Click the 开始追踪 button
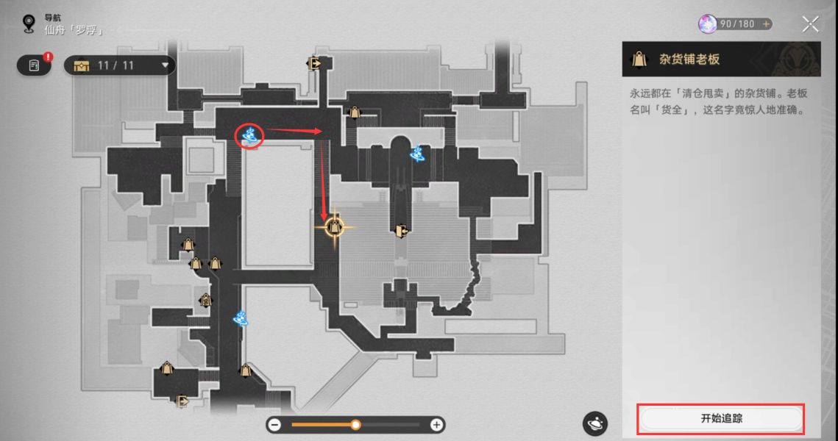(x=720, y=418)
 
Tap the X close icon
(x=810, y=24)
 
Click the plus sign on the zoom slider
(x=436, y=425)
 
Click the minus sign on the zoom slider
(x=274, y=425)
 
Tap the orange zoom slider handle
(x=355, y=425)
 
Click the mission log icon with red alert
(x=34, y=65)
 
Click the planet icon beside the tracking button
(x=594, y=423)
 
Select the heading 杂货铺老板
(x=689, y=60)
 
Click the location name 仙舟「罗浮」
(x=74, y=30)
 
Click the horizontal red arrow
(x=294, y=131)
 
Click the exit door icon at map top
(x=315, y=64)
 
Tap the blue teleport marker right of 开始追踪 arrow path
(x=417, y=154)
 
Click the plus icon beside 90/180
(x=766, y=24)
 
